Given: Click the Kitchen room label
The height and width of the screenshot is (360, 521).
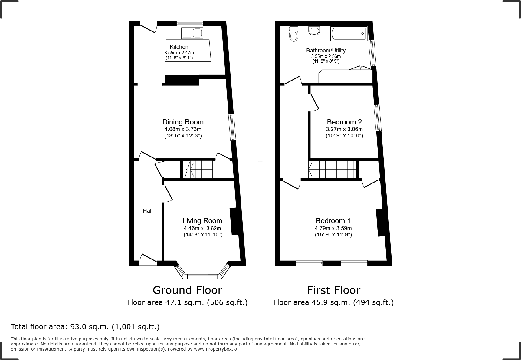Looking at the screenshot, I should [x=179, y=47].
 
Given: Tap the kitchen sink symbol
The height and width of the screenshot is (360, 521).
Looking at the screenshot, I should [x=192, y=33].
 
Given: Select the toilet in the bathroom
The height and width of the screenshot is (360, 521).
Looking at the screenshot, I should [x=293, y=34].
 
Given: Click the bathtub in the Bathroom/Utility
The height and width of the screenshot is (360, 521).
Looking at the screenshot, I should [x=349, y=34].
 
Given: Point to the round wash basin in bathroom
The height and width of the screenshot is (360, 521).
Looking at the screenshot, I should [x=314, y=31].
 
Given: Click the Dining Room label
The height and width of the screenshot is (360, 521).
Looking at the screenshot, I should [x=183, y=122].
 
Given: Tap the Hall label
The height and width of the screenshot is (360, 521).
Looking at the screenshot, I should [x=148, y=211].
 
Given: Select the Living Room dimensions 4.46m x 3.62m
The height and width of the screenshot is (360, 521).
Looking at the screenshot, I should [x=202, y=228].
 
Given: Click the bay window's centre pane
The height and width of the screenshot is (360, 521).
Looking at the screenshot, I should [x=202, y=276].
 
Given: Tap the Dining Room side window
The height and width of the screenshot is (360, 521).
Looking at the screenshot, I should [x=232, y=127].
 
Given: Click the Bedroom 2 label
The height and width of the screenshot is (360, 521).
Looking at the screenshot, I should [x=344, y=122].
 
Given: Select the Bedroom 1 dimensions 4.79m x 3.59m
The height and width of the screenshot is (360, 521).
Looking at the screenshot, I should [x=333, y=228].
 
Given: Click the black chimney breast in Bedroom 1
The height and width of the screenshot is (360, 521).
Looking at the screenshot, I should [x=380, y=223].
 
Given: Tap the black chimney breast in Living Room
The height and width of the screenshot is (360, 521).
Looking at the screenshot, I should [x=234, y=221].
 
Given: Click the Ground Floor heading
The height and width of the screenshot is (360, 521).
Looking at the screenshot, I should [x=187, y=290].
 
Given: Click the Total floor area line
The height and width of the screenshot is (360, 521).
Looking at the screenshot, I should [x=85, y=327].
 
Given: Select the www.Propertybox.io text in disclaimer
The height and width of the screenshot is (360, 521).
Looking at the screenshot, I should [x=215, y=349].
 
